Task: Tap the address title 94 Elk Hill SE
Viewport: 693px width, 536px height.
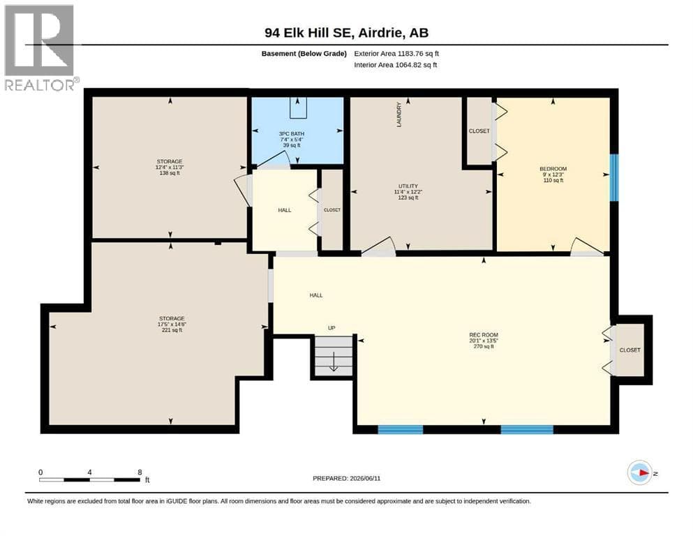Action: pos(308,33)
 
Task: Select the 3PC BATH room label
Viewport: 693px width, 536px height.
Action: pos(292,133)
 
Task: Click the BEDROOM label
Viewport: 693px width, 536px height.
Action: pos(553,169)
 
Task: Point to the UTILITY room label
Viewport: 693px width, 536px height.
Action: pos(408,186)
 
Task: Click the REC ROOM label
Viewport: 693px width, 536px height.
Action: pos(484,335)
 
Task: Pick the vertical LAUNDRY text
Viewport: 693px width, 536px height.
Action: pos(399,115)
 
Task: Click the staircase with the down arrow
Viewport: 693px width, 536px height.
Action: pos(334,356)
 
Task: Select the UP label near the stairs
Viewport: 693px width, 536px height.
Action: pos(331,328)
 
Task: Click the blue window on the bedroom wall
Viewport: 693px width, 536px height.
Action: pos(614,178)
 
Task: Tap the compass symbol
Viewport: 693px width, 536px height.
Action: pos(640,472)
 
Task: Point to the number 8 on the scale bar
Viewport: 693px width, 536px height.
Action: pos(140,472)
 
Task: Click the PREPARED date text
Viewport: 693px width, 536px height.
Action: pos(346,478)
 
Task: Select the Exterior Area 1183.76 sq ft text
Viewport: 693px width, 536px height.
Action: pos(396,54)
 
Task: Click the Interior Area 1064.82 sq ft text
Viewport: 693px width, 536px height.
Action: pos(396,65)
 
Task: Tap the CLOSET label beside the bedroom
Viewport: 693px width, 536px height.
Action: pos(479,131)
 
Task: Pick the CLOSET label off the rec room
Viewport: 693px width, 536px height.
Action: pos(629,350)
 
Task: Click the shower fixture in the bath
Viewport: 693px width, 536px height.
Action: pos(298,107)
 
